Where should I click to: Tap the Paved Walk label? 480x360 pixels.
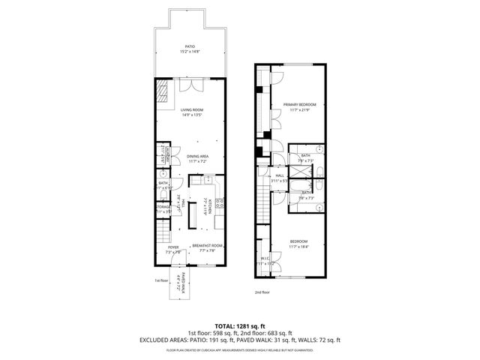click(x=179, y=282)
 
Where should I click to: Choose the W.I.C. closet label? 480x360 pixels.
click(x=261, y=262)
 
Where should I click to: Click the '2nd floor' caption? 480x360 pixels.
click(x=262, y=292)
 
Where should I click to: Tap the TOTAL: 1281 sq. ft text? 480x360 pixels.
click(x=239, y=326)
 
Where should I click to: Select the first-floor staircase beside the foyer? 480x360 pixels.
click(x=164, y=235)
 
